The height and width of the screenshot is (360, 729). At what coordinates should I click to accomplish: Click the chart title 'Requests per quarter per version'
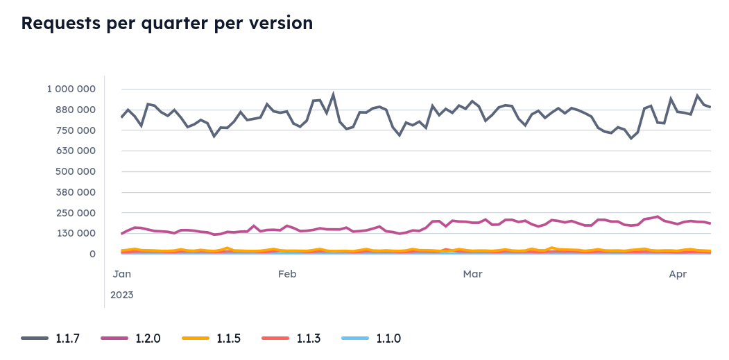[x=167, y=23]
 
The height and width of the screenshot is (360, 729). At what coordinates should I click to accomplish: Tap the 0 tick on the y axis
[x=92, y=254]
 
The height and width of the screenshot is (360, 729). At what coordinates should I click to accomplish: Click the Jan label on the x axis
[x=122, y=275]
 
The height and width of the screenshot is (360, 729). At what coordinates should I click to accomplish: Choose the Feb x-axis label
[x=287, y=275]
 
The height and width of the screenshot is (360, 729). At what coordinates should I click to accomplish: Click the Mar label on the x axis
[x=472, y=275]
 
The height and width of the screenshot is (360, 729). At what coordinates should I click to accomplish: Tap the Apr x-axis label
[x=678, y=275]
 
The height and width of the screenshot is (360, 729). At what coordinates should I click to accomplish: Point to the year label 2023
[x=122, y=295]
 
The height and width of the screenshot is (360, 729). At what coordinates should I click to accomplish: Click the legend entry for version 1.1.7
[x=51, y=338]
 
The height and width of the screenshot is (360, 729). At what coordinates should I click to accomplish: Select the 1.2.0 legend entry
[x=130, y=338]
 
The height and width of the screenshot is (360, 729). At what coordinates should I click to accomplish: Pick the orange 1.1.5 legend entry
[x=211, y=338]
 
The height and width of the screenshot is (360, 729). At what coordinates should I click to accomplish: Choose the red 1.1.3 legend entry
[x=291, y=338]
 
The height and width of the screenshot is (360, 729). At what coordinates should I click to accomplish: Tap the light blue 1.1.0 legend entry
[x=371, y=338]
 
